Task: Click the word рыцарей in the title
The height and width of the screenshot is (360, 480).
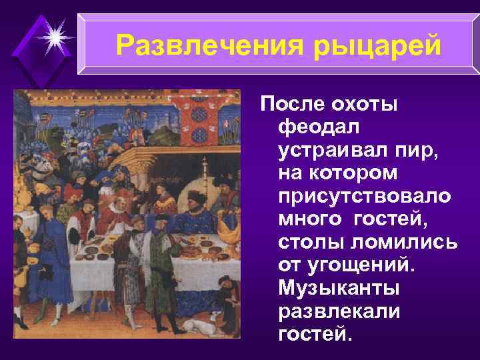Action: (379, 45)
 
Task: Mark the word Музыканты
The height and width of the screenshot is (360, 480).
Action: (339, 287)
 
